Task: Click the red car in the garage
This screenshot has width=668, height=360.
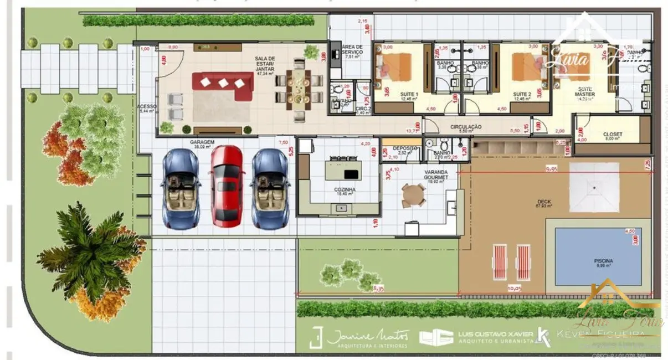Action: (x=227, y=186)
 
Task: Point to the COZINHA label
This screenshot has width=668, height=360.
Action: (x=345, y=189)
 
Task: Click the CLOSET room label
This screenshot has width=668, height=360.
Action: (x=612, y=135)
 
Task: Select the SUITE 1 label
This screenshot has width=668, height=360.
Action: (x=409, y=95)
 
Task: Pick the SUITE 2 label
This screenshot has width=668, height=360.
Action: (x=522, y=95)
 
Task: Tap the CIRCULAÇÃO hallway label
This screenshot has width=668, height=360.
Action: (x=465, y=127)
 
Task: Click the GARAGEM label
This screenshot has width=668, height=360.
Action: (x=202, y=142)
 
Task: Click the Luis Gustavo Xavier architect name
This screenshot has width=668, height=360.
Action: (x=496, y=334)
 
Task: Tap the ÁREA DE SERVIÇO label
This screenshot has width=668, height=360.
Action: (x=352, y=50)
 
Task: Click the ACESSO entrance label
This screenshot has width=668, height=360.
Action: (x=147, y=106)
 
